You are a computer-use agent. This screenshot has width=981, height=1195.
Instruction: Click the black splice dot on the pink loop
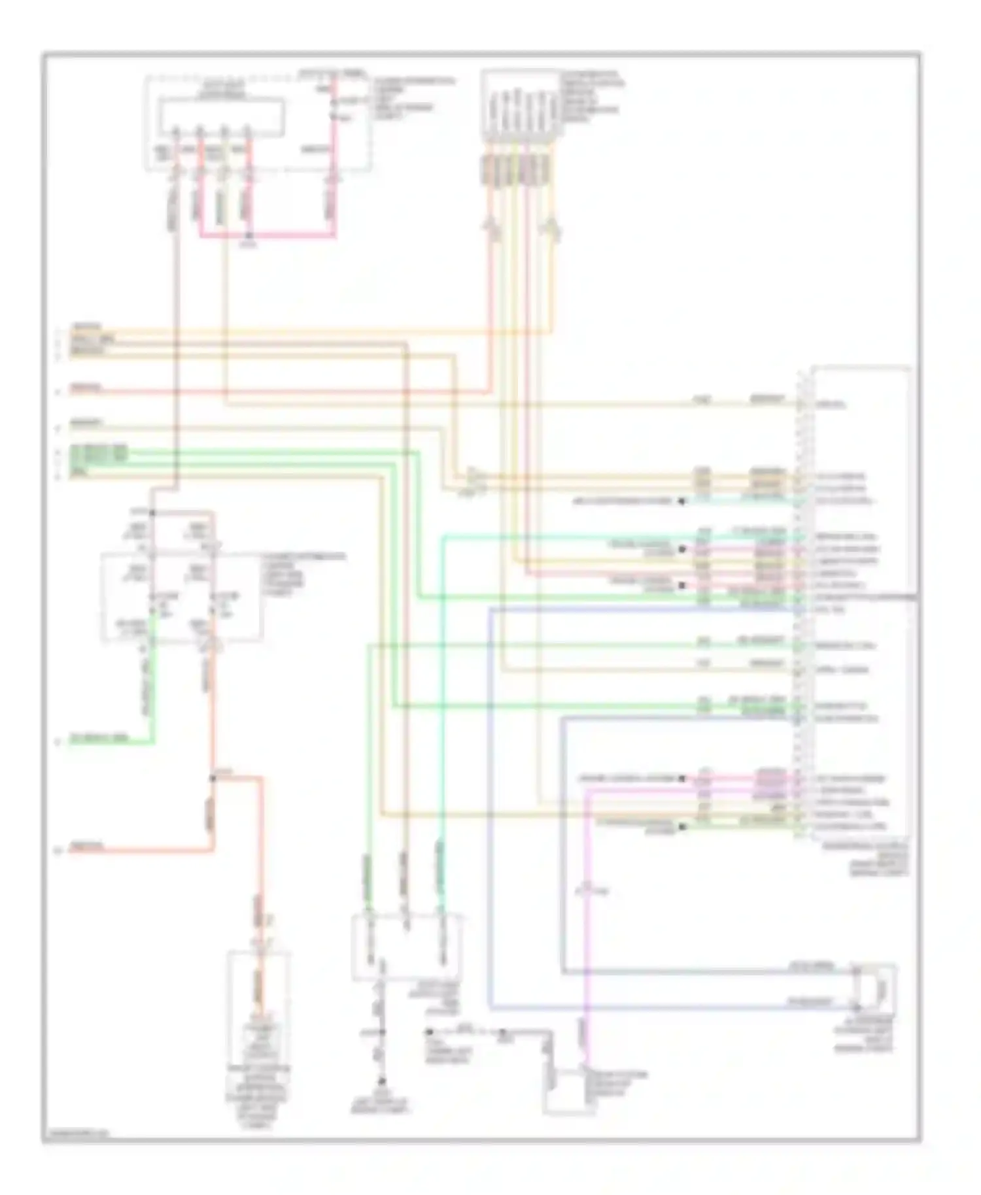pyautogui.click(x=249, y=235)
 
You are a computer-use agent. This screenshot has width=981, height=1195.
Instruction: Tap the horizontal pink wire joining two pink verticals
pyautogui.click(x=288, y=235)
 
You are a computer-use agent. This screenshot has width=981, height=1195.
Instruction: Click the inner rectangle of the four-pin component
pyautogui.click(x=223, y=118)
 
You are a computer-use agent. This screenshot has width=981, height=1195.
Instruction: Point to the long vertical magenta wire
pyautogui.click(x=587, y=915)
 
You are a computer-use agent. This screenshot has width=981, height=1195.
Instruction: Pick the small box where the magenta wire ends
pyautogui.click(x=569, y=1091)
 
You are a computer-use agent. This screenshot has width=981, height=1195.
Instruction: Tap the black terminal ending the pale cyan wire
pyautogui.click(x=681, y=501)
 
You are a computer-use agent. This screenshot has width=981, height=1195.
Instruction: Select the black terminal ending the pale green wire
pyautogui.click(x=681, y=827)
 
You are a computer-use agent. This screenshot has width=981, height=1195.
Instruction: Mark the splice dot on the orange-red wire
pyautogui.click(x=213, y=778)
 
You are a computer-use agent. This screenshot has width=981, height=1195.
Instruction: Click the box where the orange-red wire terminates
pyautogui.click(x=259, y=1007)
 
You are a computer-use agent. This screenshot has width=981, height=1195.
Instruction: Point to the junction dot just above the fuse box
pyautogui.click(x=151, y=513)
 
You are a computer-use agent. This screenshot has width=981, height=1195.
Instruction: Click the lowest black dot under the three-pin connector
pyautogui.click(x=383, y=1081)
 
